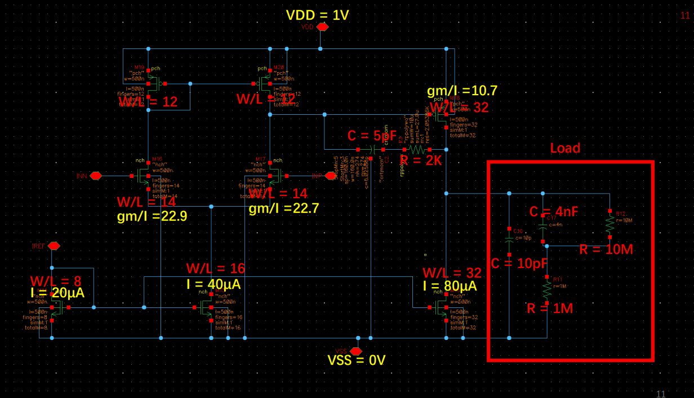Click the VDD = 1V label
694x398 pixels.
(317, 15)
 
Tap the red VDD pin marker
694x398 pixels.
(322, 27)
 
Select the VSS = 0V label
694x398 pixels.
(357, 360)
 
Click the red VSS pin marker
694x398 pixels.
(356, 351)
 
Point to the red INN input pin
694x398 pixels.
(96, 176)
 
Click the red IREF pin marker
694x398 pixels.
(54, 246)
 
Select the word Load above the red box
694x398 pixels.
(565, 148)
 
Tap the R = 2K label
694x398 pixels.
(421, 160)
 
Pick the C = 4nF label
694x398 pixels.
(554, 212)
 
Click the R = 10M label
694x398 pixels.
(606, 249)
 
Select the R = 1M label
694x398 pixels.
(550, 308)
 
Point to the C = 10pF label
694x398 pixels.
(519, 263)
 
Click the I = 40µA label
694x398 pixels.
(213, 284)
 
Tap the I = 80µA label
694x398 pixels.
(450, 286)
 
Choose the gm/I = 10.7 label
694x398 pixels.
(462, 91)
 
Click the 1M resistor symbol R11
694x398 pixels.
(546, 290)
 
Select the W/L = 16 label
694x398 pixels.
(216, 268)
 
